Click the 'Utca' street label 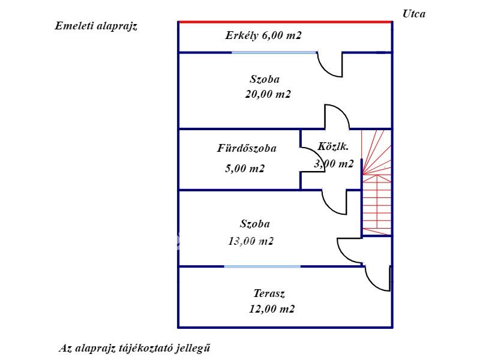413,14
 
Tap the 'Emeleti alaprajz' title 96,26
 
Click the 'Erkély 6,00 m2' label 263,35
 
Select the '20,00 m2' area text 268,94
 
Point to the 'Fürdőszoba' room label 247,148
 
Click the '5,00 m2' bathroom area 245,169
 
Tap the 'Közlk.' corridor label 333,146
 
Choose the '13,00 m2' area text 251,241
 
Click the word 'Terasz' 269,293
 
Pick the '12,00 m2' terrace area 272,309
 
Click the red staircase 377,183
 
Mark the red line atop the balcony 285,22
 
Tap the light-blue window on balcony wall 274,53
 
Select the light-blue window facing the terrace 262,266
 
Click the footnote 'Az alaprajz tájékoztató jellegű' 134,349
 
